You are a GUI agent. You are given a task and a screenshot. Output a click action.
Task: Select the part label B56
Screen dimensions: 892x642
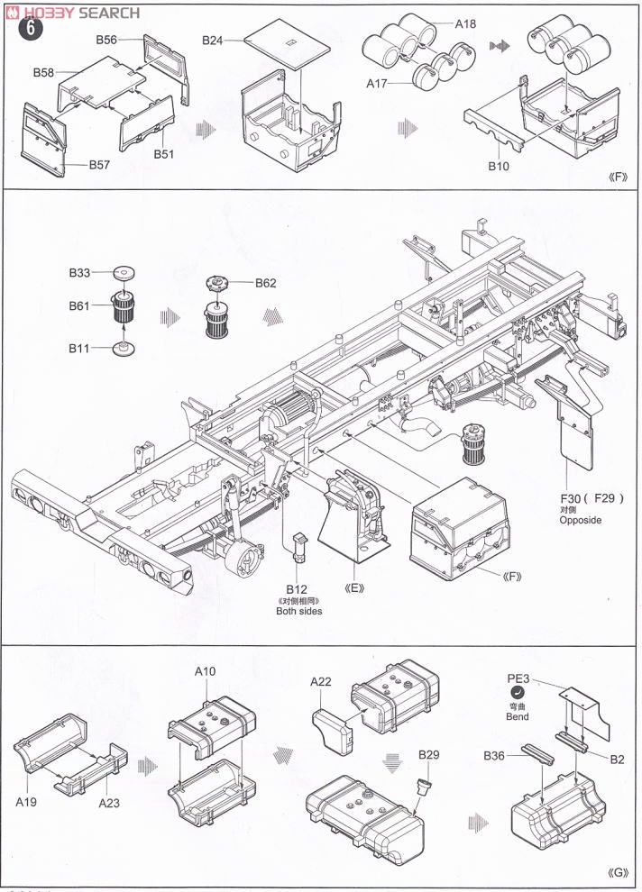[107, 41]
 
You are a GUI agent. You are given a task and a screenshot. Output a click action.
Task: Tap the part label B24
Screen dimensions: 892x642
[214, 41]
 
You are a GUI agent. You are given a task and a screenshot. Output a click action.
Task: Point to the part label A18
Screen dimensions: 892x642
[464, 24]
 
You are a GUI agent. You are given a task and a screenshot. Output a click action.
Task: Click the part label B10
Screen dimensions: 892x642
[499, 167]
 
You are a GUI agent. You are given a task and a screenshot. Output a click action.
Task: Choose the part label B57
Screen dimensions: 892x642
[100, 165]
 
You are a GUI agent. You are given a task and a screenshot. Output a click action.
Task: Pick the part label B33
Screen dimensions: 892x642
[80, 272]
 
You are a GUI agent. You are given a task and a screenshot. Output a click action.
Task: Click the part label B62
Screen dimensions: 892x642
[265, 282]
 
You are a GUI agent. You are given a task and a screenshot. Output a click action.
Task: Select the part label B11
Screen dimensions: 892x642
[79, 347]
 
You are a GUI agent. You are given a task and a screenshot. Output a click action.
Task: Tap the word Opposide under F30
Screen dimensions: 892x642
[580, 520]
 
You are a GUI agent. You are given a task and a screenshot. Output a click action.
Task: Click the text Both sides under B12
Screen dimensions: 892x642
[298, 611]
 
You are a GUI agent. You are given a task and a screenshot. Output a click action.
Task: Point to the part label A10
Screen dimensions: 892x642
[206, 671]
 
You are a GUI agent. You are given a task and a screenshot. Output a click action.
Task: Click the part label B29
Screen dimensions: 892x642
[428, 753]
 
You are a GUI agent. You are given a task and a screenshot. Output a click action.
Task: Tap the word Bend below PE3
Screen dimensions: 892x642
[517, 717]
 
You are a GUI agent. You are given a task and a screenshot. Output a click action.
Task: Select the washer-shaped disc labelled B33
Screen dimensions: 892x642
[124, 272]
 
